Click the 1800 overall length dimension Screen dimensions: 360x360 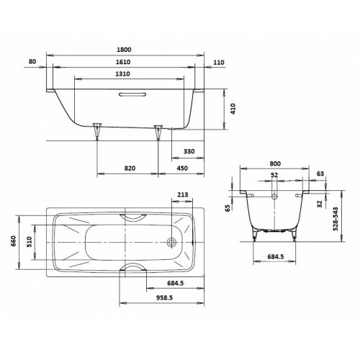point(124,50)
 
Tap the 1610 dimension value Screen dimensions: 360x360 point(123,62)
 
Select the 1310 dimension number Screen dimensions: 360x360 point(122,74)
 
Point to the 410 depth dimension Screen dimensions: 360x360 point(233,109)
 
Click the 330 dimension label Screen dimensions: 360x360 point(189,151)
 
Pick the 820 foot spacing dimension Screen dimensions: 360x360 point(130,168)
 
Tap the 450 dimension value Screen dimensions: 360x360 point(182,168)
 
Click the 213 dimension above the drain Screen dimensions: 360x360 point(183,194)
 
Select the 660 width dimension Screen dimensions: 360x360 point(13,242)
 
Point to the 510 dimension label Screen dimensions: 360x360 point(29,242)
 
